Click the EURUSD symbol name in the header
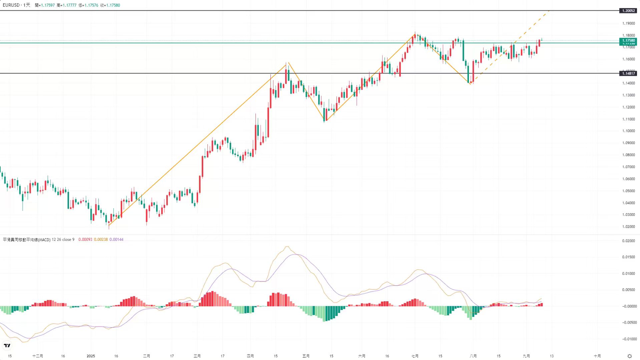[x=11, y=5]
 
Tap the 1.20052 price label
[x=628, y=11]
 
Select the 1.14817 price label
[x=628, y=73]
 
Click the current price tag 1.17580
[x=628, y=40]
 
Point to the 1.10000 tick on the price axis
[x=628, y=131]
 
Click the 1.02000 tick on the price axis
[x=628, y=227]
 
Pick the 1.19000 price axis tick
[x=628, y=23]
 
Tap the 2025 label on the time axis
[x=91, y=356]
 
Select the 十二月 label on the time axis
[x=38, y=356]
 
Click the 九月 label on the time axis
[x=526, y=356]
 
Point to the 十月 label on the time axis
[x=597, y=356]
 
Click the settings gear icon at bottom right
[x=630, y=356]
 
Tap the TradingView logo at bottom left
[x=7, y=346]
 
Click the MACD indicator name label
[x=27, y=240]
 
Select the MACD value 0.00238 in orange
[x=101, y=240]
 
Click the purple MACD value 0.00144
[x=116, y=240]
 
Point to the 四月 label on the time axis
[x=250, y=356]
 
